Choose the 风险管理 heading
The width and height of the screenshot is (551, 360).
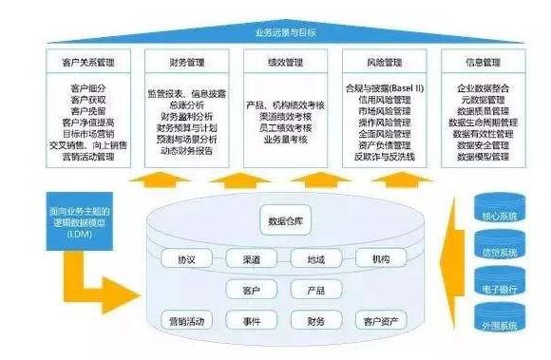[379, 63]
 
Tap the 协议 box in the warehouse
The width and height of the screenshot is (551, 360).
[185, 257]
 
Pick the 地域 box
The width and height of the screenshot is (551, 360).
[315, 257]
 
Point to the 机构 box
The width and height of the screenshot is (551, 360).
[380, 257]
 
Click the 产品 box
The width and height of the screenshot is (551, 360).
[315, 289]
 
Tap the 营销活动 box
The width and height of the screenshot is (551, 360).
[185, 320]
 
